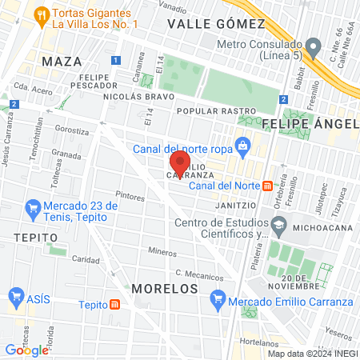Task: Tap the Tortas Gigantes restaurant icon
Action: pos(41,15)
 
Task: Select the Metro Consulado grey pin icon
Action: pos(314,45)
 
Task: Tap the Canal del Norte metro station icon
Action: pos(268,186)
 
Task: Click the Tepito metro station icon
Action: pos(115,304)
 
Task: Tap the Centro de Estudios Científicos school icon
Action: pos(278,228)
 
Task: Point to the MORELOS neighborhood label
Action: pos(164,286)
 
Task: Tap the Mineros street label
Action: pos(162,251)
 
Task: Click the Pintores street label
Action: pos(130,194)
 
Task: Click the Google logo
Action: pos(26,350)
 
